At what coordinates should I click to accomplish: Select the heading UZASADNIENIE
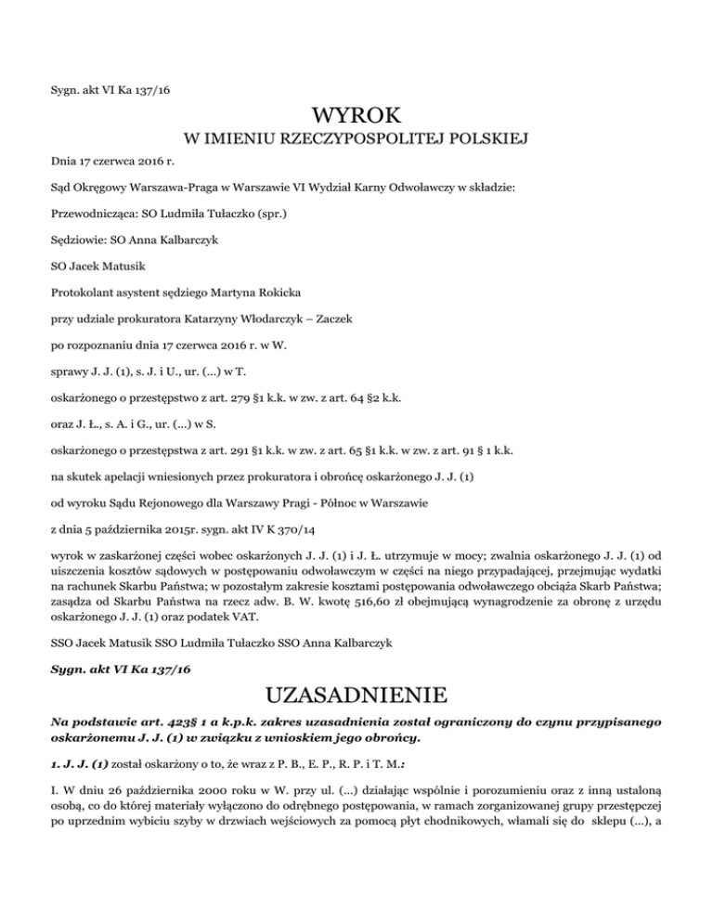tap(356, 695)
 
